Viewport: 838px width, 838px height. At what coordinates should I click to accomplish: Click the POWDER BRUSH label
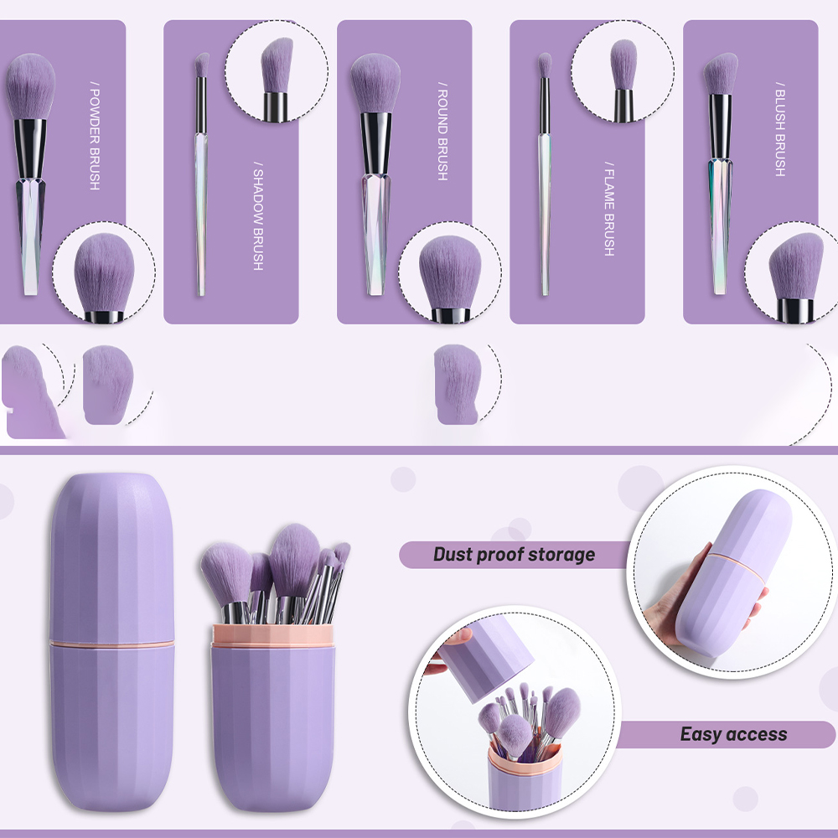tap(95, 136)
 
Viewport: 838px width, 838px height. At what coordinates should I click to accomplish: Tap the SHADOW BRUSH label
tap(258, 216)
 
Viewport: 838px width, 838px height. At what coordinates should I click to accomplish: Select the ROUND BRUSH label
tap(442, 131)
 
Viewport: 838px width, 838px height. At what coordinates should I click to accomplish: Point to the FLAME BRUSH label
tap(609, 209)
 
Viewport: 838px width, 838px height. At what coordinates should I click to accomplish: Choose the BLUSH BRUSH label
tap(780, 129)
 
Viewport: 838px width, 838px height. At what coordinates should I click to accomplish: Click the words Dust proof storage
tap(515, 554)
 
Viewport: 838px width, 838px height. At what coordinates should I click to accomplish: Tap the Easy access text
tap(733, 734)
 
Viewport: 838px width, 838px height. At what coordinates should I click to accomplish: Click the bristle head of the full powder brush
tap(30, 85)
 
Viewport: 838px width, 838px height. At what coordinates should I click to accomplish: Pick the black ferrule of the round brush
tap(375, 142)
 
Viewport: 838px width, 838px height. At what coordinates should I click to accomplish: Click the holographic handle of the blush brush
tap(720, 225)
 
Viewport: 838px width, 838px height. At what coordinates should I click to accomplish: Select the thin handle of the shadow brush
tap(201, 214)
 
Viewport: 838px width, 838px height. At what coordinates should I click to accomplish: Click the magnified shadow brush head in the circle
tap(277, 65)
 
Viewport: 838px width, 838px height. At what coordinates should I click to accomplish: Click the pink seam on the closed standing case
tap(111, 643)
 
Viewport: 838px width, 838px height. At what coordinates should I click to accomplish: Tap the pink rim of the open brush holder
tap(272, 635)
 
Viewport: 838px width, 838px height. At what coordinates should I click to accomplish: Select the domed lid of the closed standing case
tap(111, 556)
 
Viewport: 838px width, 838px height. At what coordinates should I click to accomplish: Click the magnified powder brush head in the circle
tap(104, 272)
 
